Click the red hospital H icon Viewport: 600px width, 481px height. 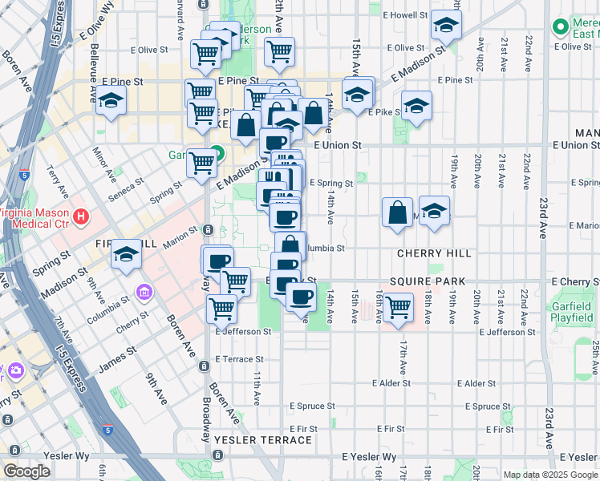80,216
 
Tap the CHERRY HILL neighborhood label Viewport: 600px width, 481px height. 434,253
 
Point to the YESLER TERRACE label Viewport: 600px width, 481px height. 263,440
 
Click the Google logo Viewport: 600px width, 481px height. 26,471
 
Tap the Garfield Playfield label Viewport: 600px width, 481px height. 571,313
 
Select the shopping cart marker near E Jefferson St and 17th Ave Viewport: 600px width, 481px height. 398,308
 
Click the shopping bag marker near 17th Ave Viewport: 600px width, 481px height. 397,213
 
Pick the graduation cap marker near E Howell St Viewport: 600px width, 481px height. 446,26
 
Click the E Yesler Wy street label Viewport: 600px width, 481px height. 369,457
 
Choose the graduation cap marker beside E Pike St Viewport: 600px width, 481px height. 416,106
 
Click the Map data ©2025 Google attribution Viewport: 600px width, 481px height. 550,475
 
